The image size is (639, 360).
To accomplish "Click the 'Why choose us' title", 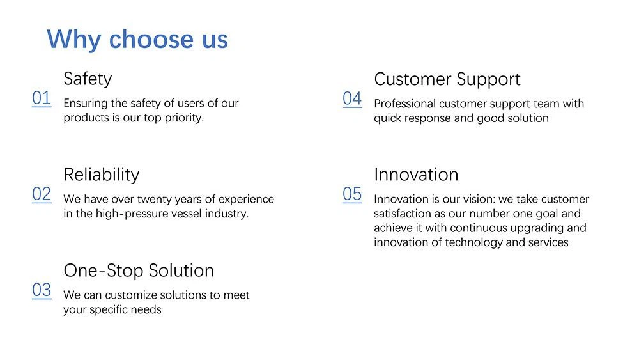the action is [x=137, y=40].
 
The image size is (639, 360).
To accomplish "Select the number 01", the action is [x=42, y=98].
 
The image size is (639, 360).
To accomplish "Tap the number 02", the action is [x=42, y=194].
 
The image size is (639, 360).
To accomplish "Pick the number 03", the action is [x=42, y=290].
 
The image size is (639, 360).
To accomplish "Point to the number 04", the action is [x=352, y=98].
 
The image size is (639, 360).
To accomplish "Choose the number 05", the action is [x=352, y=194].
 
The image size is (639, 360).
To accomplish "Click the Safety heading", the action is [x=88, y=79].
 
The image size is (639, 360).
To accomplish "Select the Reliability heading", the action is [x=102, y=175].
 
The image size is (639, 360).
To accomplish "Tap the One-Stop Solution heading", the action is [x=139, y=270].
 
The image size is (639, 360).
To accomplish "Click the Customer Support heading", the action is [x=447, y=79].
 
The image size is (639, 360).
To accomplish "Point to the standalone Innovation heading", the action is [x=416, y=175].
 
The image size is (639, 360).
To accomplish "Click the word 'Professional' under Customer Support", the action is [x=404, y=104].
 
